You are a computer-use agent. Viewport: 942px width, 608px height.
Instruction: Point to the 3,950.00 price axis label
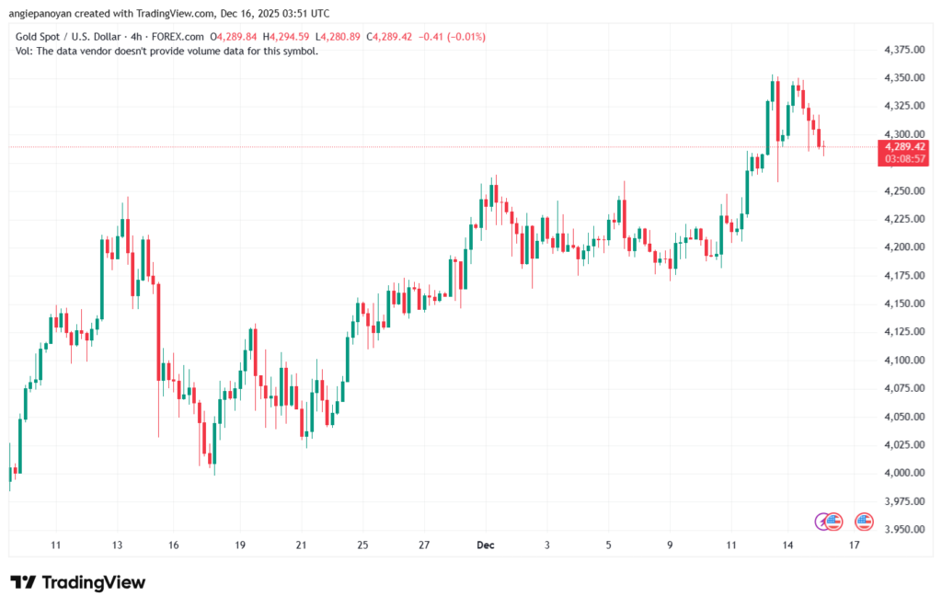pyautogui.click(x=902, y=529)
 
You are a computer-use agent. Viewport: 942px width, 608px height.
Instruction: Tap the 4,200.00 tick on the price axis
pyautogui.click(x=902, y=247)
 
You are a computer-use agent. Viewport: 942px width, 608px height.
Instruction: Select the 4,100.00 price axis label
pyautogui.click(x=902, y=360)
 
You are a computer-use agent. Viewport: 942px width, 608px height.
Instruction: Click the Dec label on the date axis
pyautogui.click(x=486, y=545)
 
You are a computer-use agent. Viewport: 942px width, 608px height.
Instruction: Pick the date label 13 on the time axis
pyautogui.click(x=117, y=545)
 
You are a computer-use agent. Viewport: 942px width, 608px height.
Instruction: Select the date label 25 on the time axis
pyautogui.click(x=362, y=545)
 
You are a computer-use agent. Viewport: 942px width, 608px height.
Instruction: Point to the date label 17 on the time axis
pyautogui.click(x=855, y=545)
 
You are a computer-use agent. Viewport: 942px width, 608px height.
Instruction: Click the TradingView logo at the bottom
pyautogui.click(x=78, y=582)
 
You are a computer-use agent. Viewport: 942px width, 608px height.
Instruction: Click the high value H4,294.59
pyautogui.click(x=288, y=37)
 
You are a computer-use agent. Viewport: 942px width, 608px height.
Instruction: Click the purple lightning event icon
pyautogui.click(x=823, y=522)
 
